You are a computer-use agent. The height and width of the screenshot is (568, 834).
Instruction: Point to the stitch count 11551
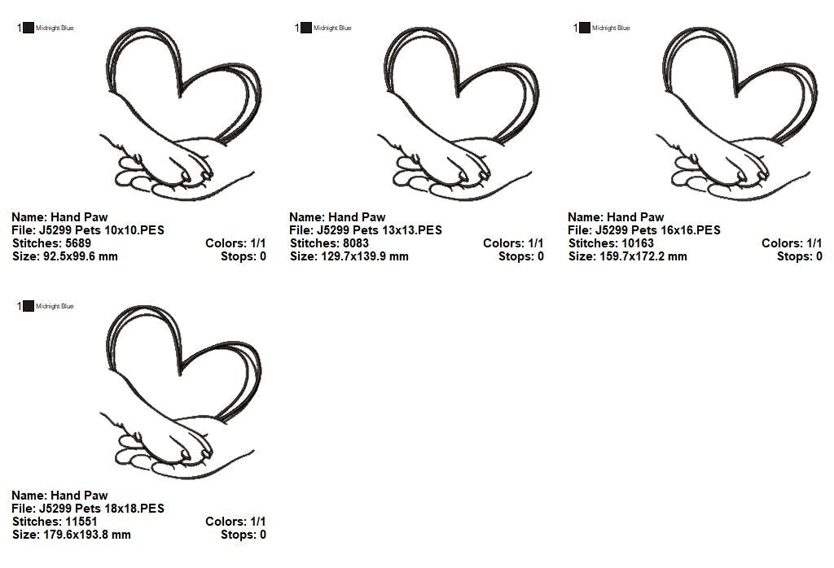pos(81,522)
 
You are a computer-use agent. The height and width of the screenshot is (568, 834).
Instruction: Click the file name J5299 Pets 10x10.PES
pos(102,230)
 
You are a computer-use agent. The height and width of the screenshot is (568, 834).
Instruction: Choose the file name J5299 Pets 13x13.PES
pos(380,230)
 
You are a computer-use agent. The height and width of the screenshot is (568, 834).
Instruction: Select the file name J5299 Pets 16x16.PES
pos(658,230)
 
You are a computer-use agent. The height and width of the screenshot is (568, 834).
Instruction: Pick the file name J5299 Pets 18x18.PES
pos(102,509)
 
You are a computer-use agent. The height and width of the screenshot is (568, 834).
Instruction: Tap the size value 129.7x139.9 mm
pos(365,256)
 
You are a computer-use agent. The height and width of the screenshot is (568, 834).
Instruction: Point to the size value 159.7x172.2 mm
pos(643,256)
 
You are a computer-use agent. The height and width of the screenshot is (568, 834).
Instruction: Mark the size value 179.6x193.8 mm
pos(86,535)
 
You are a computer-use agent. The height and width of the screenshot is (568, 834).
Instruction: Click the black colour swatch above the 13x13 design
pos(306,28)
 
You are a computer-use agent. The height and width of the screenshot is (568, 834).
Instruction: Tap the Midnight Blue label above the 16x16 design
pos(611,28)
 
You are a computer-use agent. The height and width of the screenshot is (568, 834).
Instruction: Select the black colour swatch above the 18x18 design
pos(29,306)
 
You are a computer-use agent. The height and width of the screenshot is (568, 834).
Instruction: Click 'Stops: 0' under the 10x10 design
pos(244,256)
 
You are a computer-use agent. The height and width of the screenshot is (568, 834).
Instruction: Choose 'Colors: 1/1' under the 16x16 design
pos(792,243)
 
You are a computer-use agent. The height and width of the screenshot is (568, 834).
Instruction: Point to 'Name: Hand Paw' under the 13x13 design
pos(337,217)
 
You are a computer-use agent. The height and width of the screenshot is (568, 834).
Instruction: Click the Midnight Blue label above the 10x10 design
pos(55,28)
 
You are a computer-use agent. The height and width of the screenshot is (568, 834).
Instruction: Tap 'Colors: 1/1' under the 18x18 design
pos(235,522)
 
